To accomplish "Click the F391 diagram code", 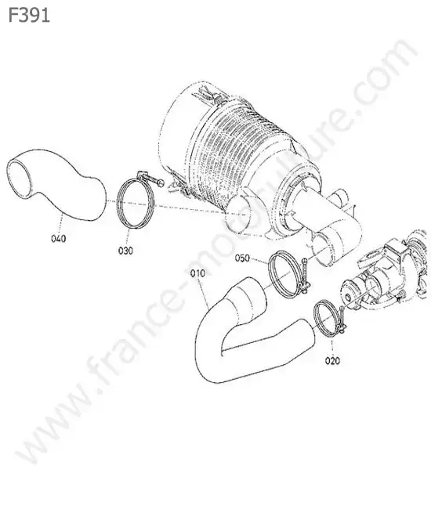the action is tap(29, 15).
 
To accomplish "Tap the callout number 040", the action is tap(59, 239).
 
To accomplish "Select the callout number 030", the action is tap(125, 251).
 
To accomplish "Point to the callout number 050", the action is tap(242, 258).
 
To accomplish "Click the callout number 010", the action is tap(197, 273).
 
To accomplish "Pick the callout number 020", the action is tap(332, 361).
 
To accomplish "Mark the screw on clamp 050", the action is tap(304, 276).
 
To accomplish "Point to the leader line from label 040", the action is tap(61, 223).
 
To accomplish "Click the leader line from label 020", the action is tap(332, 345).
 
